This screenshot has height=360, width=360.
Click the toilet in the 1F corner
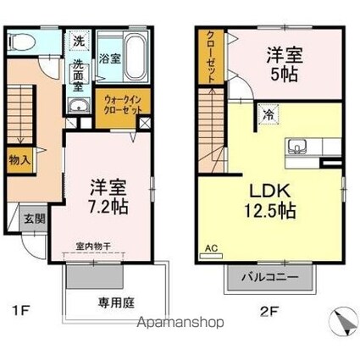[23, 42]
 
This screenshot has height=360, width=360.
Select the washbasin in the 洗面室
[79, 104]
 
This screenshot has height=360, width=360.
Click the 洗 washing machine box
[78, 40]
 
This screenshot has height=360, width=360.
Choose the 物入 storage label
[20, 159]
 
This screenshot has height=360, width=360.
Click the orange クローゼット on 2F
[207, 58]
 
